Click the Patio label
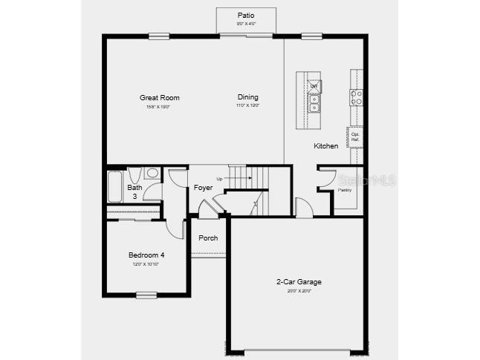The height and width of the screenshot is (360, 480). (x=245, y=15)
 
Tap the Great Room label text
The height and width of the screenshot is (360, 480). (x=160, y=97)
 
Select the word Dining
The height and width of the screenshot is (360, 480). (x=247, y=97)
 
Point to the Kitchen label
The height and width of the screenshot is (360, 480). (x=325, y=146)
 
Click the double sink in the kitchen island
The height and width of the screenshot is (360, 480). (x=314, y=103)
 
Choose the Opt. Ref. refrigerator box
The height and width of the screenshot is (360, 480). (x=355, y=137)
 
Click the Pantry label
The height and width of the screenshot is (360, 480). (x=344, y=190)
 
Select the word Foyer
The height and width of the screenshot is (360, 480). (x=203, y=188)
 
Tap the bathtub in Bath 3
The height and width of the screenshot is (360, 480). (x=114, y=186)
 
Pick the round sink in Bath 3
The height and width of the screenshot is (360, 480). (x=152, y=174)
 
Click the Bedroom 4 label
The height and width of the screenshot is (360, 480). (x=146, y=255)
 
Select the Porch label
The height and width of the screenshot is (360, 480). (x=208, y=238)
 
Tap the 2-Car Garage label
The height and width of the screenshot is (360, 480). (x=299, y=282)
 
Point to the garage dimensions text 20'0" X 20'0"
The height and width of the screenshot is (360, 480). (x=299, y=291)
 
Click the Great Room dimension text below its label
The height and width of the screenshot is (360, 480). (x=160, y=107)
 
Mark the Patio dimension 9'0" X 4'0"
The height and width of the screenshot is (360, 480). (x=245, y=24)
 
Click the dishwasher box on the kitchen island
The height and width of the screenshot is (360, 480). (x=314, y=86)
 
